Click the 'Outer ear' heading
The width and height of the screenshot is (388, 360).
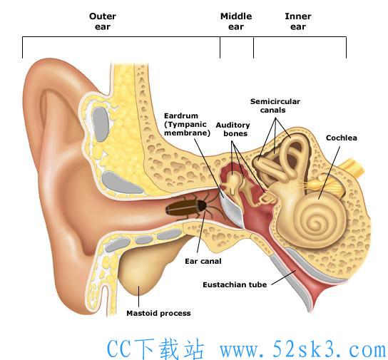103,21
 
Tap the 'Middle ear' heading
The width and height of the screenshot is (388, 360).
236,21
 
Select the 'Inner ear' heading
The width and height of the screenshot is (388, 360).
298,21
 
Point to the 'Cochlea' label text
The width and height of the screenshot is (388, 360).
341,138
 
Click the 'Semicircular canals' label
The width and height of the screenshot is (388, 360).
275,106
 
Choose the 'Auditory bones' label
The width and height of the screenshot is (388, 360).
233,129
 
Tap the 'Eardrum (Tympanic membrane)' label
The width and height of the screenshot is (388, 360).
187,124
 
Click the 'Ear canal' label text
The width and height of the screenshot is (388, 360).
203,261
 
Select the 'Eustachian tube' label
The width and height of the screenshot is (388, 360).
235,284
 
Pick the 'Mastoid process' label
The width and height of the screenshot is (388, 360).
158,313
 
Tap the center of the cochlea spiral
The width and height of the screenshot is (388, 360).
316,223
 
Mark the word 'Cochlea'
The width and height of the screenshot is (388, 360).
341,138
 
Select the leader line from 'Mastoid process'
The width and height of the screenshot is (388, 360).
138,297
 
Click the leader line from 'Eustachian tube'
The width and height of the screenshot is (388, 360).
284,278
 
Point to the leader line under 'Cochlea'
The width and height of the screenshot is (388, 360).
329,173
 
